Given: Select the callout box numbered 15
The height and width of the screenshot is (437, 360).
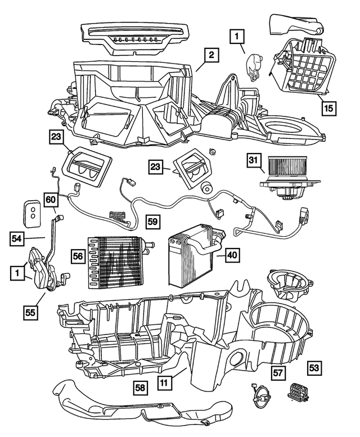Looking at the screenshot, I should pos(326,107).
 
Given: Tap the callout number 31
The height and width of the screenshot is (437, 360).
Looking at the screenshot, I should pos(254,161).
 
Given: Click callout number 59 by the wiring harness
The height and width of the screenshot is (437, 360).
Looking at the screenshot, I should pos(152,221).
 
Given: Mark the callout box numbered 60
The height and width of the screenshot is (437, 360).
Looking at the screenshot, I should pos(50,199).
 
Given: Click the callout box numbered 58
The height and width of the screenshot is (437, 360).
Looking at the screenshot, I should pos(142,388).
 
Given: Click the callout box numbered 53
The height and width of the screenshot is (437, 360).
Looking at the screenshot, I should pos(315,368).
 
